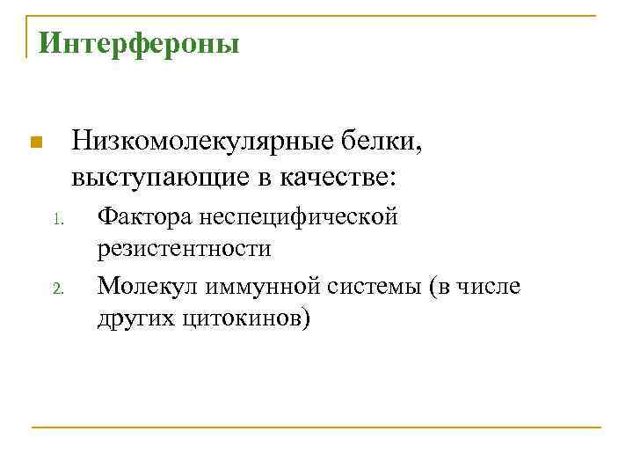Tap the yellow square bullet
pyautogui.click(x=35, y=143)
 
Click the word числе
pyautogui.click(x=491, y=285)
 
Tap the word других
pyautogui.click(x=135, y=318)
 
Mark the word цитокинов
pyautogui.click(x=244, y=318)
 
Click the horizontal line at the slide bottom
pyautogui.click(x=316, y=427)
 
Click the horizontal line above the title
pyautogui.click(x=316, y=15)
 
